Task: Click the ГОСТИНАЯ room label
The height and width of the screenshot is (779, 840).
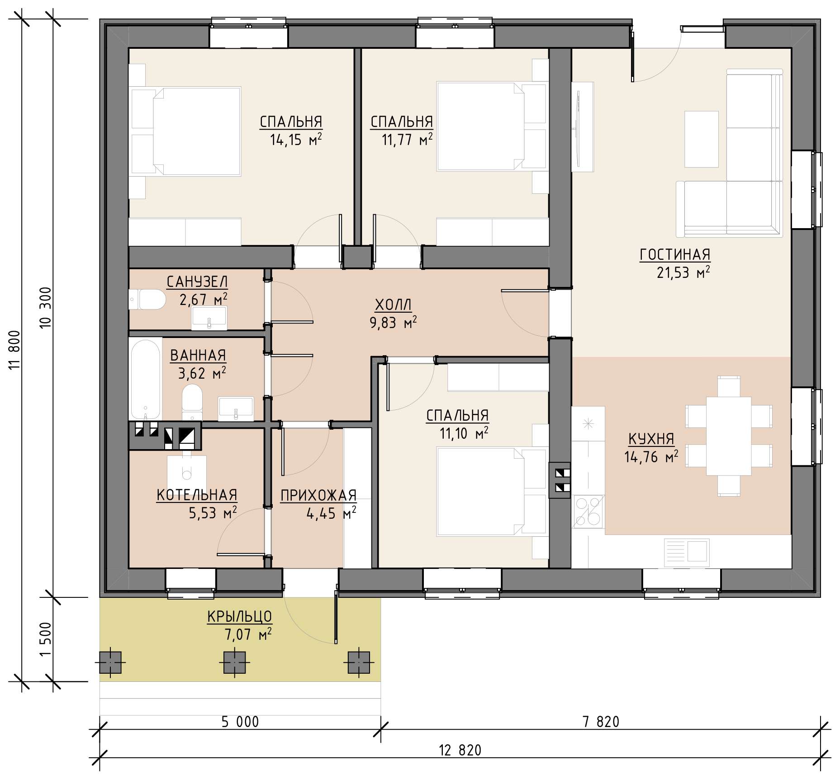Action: (675, 255)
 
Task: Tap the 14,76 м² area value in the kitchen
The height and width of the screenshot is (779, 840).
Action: (651, 457)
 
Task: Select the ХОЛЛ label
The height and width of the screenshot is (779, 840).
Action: (393, 305)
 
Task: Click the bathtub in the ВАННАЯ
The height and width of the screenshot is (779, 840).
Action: (145, 380)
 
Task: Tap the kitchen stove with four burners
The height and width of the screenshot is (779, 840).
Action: (588, 512)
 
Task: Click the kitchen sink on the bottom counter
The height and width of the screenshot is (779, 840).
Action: (687, 552)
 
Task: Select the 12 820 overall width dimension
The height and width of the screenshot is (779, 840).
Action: (460, 750)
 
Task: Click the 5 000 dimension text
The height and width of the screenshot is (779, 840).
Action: (240, 722)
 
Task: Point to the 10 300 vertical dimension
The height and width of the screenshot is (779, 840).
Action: (46, 308)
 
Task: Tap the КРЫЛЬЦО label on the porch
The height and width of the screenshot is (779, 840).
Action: (240, 616)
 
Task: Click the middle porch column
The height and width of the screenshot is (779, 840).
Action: (234, 662)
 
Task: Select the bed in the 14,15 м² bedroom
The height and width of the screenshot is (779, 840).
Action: (186, 131)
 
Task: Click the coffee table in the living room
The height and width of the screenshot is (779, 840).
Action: (701, 139)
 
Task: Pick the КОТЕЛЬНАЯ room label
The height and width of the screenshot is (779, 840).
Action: (197, 495)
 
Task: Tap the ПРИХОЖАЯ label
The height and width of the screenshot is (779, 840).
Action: (318, 496)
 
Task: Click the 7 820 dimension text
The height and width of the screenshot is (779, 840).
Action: (601, 722)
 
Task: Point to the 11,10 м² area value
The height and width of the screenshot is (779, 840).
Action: (464, 433)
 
